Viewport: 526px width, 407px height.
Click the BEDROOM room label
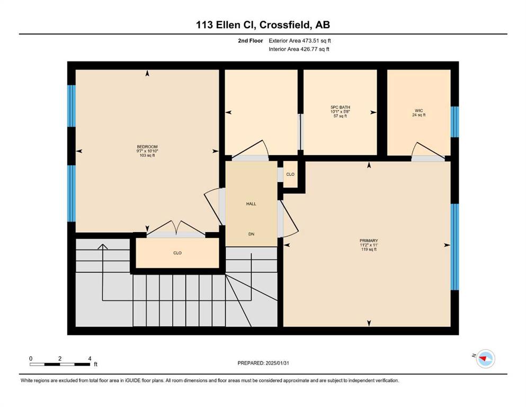pyautogui.click(x=147, y=147)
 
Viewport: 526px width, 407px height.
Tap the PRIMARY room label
pyautogui.click(x=369, y=241)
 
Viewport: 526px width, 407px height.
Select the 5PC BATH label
pyautogui.click(x=340, y=108)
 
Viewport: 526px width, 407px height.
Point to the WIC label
pyautogui.click(x=418, y=110)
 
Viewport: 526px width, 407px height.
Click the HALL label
pyautogui.click(x=251, y=203)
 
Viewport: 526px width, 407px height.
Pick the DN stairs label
pyautogui.click(x=251, y=234)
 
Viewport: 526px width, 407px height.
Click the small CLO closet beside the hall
pyautogui.click(x=290, y=174)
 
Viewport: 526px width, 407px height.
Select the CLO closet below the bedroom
pyautogui.click(x=177, y=253)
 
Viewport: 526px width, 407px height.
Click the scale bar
pyautogui.click(x=60, y=364)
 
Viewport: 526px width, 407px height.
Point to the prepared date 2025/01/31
pyautogui.click(x=277, y=363)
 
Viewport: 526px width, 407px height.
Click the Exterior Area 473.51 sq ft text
pyautogui.click(x=300, y=41)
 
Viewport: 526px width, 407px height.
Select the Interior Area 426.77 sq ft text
pyautogui.click(x=299, y=49)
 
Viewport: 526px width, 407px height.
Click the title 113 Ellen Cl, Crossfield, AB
pyautogui.click(x=263, y=24)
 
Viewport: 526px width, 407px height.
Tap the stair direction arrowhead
pyautogui.click(x=102, y=246)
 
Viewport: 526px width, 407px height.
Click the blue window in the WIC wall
pyautogui.click(x=454, y=122)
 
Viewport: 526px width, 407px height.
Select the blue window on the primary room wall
pyautogui.click(x=454, y=247)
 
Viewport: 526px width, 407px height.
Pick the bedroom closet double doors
pyautogui.click(x=176, y=228)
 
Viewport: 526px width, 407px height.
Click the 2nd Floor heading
pyautogui.click(x=250, y=41)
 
